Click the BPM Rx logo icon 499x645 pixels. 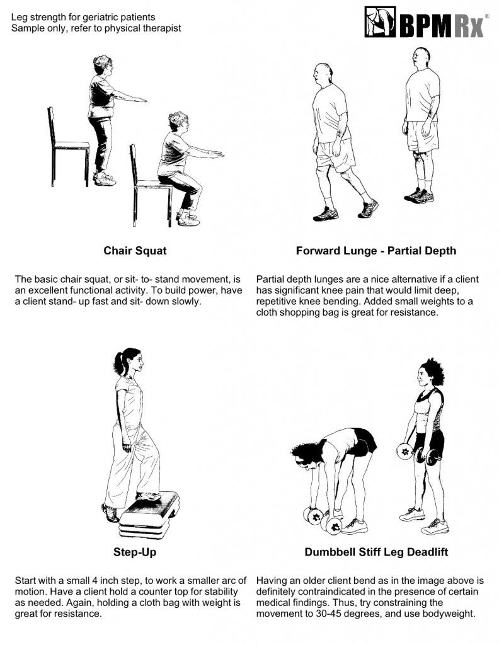[x=380, y=22]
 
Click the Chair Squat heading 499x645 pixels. [x=135, y=251]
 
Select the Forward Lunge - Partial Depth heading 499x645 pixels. [x=376, y=251]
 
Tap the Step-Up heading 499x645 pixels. [x=135, y=552]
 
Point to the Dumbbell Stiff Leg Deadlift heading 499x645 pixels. [x=376, y=552]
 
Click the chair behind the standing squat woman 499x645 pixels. [x=68, y=147]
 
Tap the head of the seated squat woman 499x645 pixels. [x=178, y=122]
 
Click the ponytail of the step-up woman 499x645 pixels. [x=119, y=363]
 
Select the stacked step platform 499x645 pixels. [x=149, y=514]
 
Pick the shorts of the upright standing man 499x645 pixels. [x=422, y=136]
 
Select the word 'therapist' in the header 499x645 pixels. [x=162, y=28]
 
